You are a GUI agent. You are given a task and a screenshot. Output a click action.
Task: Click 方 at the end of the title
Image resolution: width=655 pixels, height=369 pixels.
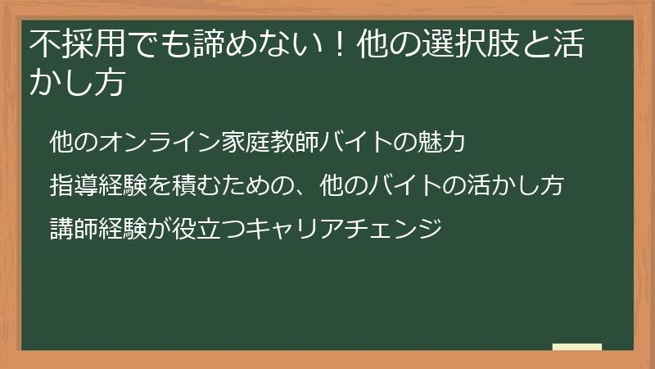[x=111, y=84]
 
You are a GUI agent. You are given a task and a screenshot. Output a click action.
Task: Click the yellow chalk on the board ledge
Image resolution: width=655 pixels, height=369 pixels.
[x=577, y=347]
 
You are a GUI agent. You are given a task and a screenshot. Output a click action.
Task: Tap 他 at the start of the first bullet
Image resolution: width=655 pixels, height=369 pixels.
[x=60, y=141]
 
